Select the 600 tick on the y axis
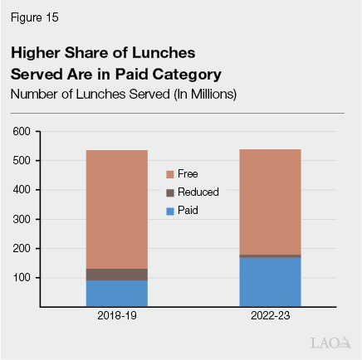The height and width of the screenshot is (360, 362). tap(22, 131)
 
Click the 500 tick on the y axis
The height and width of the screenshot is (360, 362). tap(22, 160)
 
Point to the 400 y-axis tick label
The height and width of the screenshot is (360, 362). tap(22, 190)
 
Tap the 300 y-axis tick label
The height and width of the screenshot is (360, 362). tap(22, 219)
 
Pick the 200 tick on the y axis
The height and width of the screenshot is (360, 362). tap(22, 248)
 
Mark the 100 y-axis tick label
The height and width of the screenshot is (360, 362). tap(22, 277)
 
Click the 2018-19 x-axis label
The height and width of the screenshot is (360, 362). tap(117, 318)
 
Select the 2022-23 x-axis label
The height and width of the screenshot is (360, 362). tap(270, 318)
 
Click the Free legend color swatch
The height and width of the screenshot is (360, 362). tap(169, 174)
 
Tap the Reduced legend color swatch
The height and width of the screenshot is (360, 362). tap(169, 192)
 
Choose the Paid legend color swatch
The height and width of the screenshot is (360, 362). tap(169, 211)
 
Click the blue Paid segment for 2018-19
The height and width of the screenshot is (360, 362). tap(117, 294)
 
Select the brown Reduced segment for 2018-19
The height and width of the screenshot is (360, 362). tap(117, 275)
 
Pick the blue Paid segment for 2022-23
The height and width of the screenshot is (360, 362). tap(270, 282)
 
